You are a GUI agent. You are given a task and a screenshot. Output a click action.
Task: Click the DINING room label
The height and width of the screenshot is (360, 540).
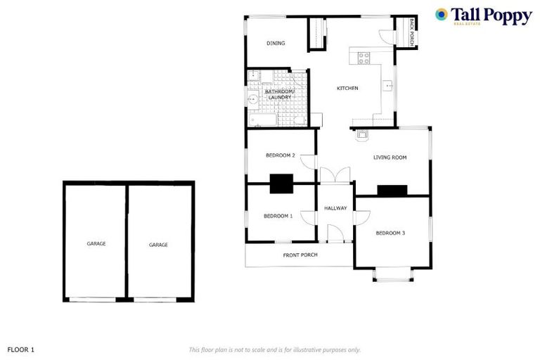(276, 44)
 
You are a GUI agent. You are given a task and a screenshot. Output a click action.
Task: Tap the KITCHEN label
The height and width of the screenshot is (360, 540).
(347, 88)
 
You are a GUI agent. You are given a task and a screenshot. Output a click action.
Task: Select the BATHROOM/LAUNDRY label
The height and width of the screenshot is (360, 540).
(279, 94)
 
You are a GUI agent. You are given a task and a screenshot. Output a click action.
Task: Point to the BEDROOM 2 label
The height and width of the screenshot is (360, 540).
(280, 155)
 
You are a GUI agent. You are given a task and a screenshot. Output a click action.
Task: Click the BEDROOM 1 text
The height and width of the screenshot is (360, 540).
(278, 216)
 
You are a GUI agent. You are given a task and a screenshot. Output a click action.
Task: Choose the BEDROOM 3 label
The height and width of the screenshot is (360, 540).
(390, 233)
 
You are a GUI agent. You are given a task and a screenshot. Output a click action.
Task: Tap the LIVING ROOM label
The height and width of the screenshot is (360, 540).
(390, 157)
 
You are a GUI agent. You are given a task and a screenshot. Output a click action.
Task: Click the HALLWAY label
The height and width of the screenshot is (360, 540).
(335, 208)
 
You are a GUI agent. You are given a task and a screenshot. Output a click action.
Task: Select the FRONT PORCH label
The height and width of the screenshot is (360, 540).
(300, 255)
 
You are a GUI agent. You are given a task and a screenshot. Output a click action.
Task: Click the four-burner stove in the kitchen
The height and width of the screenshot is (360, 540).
(364, 58)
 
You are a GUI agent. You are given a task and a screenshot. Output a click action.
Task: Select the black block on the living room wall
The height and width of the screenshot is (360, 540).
(392, 190)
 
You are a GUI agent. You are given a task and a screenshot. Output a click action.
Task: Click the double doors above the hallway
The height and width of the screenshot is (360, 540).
(334, 174)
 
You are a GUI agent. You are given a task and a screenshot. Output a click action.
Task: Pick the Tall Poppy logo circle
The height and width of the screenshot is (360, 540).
(442, 14)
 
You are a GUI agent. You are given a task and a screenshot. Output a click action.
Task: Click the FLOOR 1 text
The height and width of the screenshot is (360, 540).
(21, 349)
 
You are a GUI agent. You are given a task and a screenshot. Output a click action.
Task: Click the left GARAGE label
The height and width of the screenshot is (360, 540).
(96, 243)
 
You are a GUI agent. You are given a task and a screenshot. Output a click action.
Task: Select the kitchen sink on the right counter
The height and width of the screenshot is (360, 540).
(387, 86)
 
